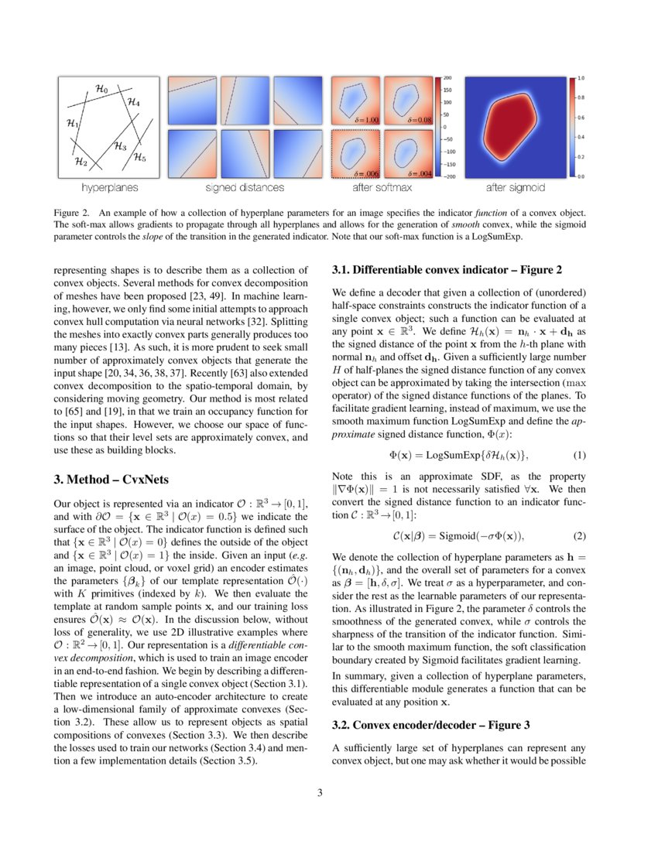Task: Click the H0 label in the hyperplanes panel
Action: tap(101, 89)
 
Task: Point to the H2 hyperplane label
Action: tap(81, 162)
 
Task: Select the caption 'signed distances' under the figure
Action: tap(217, 187)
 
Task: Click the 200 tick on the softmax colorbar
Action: tap(448, 79)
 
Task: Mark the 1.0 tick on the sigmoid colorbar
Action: tap(581, 79)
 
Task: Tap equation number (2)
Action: tap(578, 536)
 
